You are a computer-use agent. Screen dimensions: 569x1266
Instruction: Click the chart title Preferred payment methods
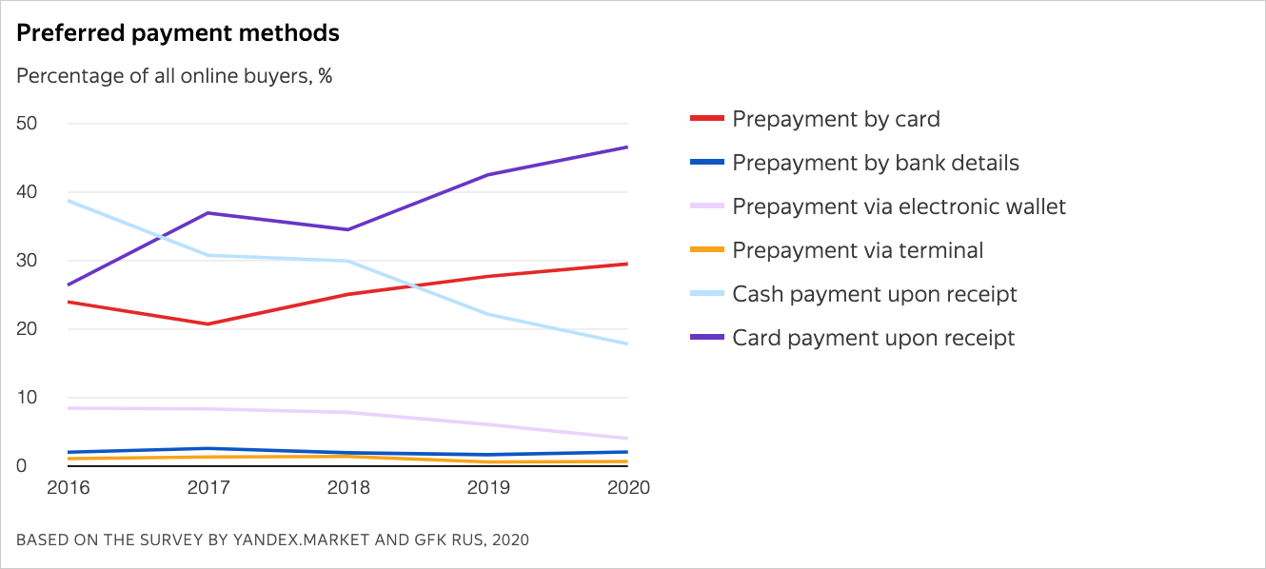178,33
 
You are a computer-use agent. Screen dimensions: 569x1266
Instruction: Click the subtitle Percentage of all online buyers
174,76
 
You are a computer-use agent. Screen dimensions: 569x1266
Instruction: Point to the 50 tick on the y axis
27,124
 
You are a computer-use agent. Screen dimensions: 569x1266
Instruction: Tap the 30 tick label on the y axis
27,261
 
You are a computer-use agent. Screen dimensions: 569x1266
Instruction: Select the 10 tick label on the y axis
27,398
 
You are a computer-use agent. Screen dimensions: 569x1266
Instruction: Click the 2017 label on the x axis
208,487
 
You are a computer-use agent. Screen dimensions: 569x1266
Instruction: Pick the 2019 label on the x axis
488,487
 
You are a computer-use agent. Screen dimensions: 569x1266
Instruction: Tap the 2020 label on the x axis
627,487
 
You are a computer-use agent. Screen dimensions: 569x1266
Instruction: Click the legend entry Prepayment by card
836,119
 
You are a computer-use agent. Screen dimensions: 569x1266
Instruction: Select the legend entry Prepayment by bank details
875,163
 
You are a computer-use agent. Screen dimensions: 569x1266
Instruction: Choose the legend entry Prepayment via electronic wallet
899,206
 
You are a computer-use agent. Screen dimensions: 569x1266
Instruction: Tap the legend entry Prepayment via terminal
857,250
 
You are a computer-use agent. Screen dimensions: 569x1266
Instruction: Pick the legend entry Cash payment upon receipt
874,294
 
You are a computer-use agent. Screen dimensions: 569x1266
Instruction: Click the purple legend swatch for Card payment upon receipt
706,338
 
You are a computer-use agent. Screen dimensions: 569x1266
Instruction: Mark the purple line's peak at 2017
208,213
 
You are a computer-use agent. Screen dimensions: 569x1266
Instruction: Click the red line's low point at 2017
208,324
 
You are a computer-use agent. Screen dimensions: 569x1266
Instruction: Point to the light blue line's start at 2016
69,201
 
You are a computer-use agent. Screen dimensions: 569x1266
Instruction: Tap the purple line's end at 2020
627,147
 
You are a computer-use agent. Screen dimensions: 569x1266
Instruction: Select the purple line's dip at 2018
347,229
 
